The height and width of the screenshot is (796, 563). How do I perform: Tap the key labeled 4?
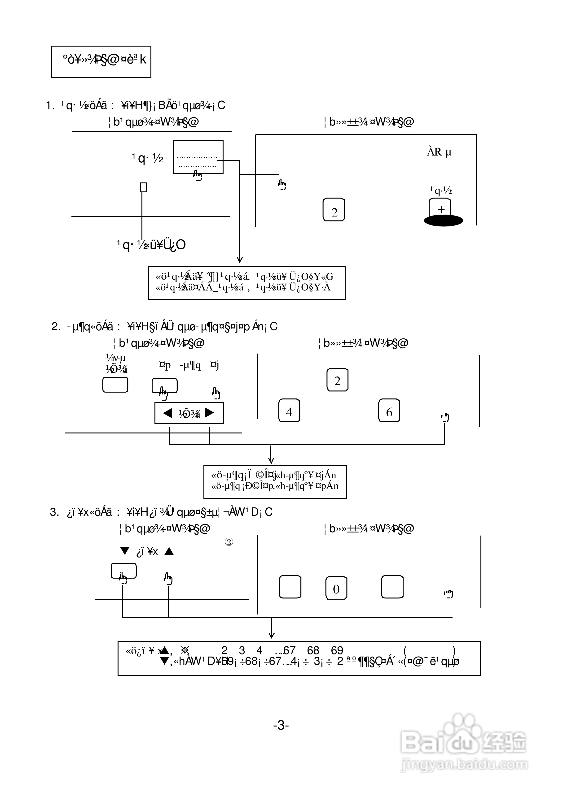point(289,411)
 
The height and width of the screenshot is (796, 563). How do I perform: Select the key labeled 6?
point(389,411)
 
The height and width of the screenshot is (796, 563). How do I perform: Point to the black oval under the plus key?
point(444,221)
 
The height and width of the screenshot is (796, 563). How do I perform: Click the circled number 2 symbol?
point(229,542)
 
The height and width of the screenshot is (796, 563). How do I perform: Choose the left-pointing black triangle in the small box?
point(168,413)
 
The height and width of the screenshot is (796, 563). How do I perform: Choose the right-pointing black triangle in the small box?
point(210,413)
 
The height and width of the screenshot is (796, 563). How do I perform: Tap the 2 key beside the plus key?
point(334,210)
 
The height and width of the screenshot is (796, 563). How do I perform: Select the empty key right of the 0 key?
point(392,587)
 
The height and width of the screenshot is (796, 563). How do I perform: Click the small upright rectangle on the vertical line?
point(143,187)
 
